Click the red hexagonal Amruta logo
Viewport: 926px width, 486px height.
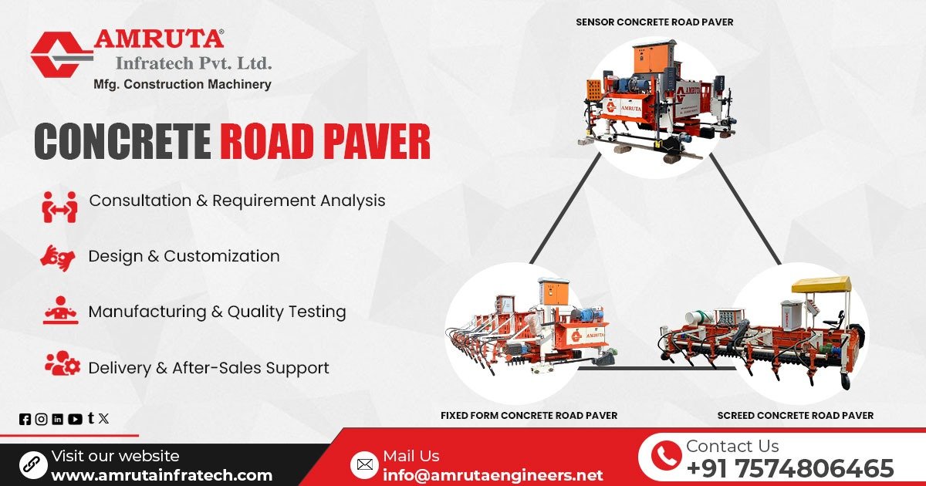pyautogui.click(x=60, y=53)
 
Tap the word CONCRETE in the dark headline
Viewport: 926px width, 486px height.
pyautogui.click(x=122, y=143)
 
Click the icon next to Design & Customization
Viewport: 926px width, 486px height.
pyautogui.click(x=58, y=257)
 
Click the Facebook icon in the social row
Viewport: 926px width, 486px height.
pyautogui.click(x=25, y=419)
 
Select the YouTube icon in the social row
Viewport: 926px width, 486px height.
pyautogui.click(x=75, y=419)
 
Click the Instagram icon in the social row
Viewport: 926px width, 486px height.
pyautogui.click(x=41, y=419)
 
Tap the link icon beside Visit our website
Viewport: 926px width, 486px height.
pyautogui.click(x=33, y=464)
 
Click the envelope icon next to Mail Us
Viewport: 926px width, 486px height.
pyautogui.click(x=363, y=464)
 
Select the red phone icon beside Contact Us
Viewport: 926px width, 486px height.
pyautogui.click(x=665, y=457)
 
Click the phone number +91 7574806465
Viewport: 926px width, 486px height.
pyautogui.click(x=789, y=468)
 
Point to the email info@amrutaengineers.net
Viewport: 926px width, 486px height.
pyautogui.click(x=492, y=474)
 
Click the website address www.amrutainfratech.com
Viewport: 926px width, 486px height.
pyautogui.click(x=161, y=475)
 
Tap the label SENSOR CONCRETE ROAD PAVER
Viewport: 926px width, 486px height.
pyautogui.click(x=654, y=22)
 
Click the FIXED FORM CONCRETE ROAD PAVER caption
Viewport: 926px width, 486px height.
pyautogui.click(x=529, y=415)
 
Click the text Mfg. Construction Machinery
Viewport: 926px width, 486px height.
pyautogui.click(x=182, y=84)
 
